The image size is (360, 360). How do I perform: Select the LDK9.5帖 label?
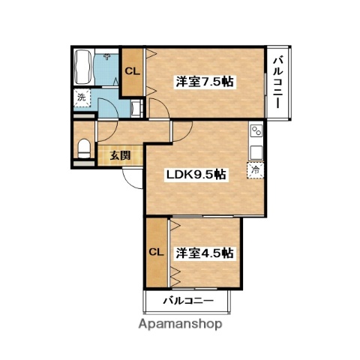pos(196,174)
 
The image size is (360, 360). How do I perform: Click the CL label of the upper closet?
pos(132,72)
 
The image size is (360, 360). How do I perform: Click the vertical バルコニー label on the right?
pos(277,82)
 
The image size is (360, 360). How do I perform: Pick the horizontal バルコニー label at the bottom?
pos(188,301)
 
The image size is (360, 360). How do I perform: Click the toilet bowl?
pos(83,146)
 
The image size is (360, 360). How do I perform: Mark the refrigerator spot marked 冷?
pos(254,171)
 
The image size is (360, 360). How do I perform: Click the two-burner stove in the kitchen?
pos(255,132)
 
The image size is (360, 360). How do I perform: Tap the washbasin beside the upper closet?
pos(136,108)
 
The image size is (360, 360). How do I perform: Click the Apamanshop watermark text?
pos(179,325)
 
